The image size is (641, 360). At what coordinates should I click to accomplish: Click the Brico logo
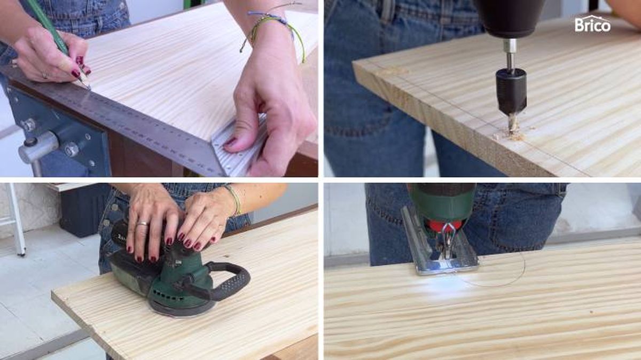(x=592, y=24)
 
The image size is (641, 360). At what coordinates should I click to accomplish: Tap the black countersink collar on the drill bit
(x=511, y=91)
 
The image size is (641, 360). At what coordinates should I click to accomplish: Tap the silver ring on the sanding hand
(x=143, y=223)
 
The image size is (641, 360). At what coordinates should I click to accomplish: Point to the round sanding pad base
(x=183, y=310)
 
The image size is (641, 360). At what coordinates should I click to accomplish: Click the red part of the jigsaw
(x=443, y=226)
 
